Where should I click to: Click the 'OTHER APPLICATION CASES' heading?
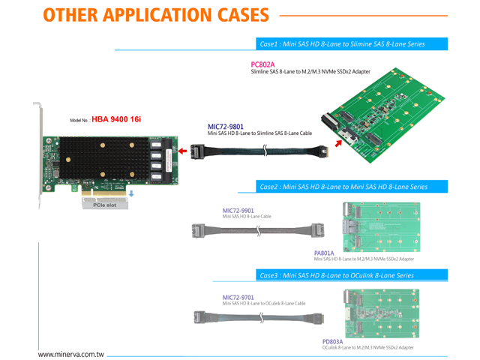158,15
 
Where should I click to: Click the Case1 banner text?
341,44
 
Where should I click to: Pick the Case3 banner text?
337,275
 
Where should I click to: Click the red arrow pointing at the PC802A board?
342,141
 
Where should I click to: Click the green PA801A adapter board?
382,226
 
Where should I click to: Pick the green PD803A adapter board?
382,313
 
